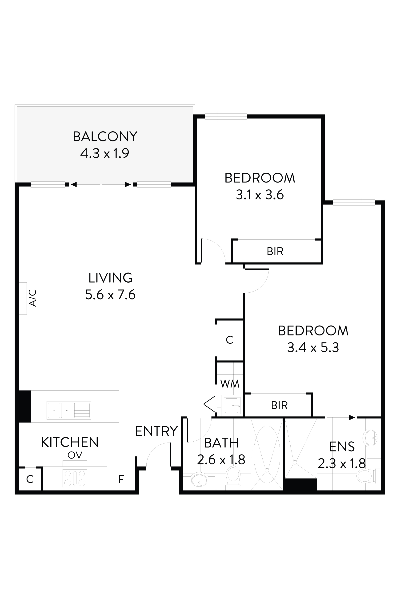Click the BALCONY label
coord(105,136)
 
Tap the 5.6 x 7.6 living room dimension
coord(110,295)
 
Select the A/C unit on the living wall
coord(23,298)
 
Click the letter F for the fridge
coord(121,479)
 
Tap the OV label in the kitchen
coord(75,455)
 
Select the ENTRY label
coord(156,432)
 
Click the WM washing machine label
coord(230,384)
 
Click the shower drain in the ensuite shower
coord(295,462)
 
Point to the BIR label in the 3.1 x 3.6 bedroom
coord(275,251)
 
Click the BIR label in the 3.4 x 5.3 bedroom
coord(279,405)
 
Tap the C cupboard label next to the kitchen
coord(30,479)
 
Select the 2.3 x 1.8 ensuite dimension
coord(342,463)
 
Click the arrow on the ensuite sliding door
coord(352,417)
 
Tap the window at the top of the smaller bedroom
coord(226,117)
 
